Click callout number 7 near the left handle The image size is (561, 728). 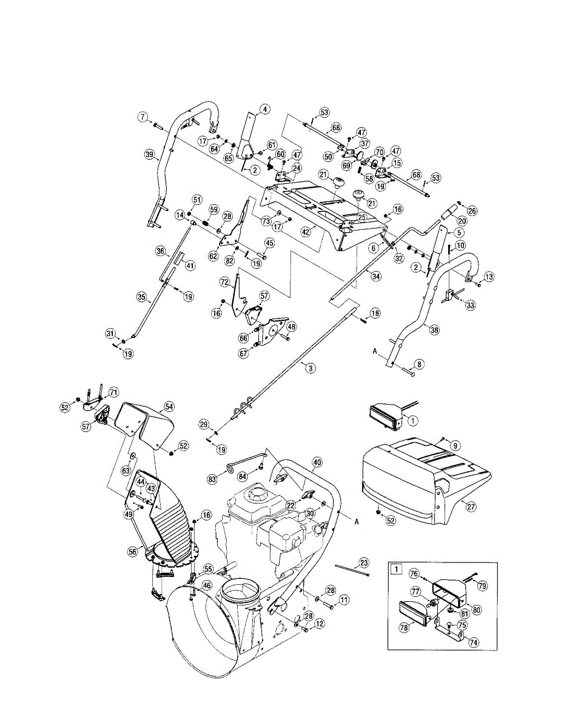pyautogui.click(x=143, y=116)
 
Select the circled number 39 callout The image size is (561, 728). pyautogui.click(x=149, y=155)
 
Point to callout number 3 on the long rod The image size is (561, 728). pyautogui.click(x=311, y=368)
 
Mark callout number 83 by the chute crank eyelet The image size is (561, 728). pyautogui.click(x=212, y=479)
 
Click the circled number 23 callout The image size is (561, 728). pyautogui.click(x=363, y=562)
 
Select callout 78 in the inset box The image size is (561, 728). pyautogui.click(x=403, y=629)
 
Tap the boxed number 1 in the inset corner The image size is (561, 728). pyautogui.click(x=395, y=569)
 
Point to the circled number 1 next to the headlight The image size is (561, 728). pyautogui.click(x=413, y=419)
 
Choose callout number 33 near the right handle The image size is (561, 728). pyautogui.click(x=471, y=306)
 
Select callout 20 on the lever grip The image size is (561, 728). pyautogui.click(x=462, y=221)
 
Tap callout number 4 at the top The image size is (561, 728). pyautogui.click(x=264, y=110)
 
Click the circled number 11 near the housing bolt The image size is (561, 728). pyautogui.click(x=343, y=600)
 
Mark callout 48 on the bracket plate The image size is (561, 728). pyautogui.click(x=292, y=326)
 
